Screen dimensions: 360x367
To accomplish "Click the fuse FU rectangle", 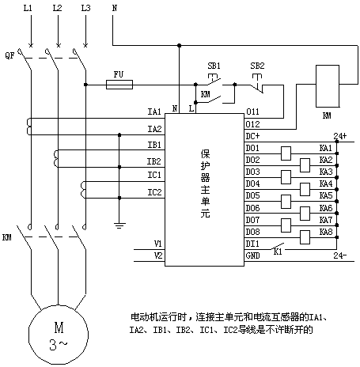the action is (x=119, y=85).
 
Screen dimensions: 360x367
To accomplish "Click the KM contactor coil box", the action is (x=328, y=86).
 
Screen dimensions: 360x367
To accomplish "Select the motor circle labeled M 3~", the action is (x=59, y=335).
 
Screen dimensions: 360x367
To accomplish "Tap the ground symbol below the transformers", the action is (x=119, y=225).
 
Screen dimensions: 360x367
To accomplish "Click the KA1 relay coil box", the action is (x=286, y=153).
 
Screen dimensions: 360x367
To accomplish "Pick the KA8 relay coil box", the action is (x=305, y=237).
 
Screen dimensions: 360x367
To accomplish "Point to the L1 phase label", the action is (x=28, y=8).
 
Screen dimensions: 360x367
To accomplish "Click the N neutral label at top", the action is (x=115, y=8).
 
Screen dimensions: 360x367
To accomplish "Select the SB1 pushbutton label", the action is (x=214, y=66).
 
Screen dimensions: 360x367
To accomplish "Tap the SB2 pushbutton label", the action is (x=257, y=66).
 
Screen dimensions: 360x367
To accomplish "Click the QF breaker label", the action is (x=9, y=55).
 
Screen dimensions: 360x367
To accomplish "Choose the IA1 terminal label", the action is (x=154, y=112).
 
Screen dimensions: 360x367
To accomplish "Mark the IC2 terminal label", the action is (x=154, y=192).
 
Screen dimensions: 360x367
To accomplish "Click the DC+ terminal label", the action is (x=252, y=136).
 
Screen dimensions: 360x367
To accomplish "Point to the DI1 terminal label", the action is (x=252, y=244).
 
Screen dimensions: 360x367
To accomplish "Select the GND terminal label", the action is (x=252, y=255).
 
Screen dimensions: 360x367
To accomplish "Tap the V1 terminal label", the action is (x=157, y=244).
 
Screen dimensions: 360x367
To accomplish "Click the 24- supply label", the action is (x=340, y=255).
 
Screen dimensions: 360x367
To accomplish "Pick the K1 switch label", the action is (x=278, y=252).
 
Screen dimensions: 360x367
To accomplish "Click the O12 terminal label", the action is (x=252, y=124).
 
